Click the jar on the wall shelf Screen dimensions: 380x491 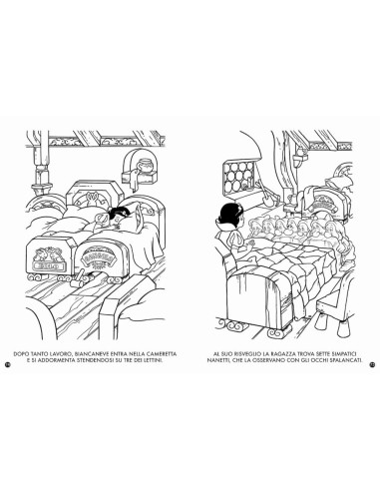click(146, 165)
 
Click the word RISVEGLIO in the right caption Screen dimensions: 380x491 click(245, 354)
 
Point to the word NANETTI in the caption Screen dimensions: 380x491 click(217, 360)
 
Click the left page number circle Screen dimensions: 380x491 click(6, 364)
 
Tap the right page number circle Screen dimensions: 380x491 click(373, 364)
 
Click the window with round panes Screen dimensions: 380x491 click(237, 175)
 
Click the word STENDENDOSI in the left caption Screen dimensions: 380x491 click(96, 360)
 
